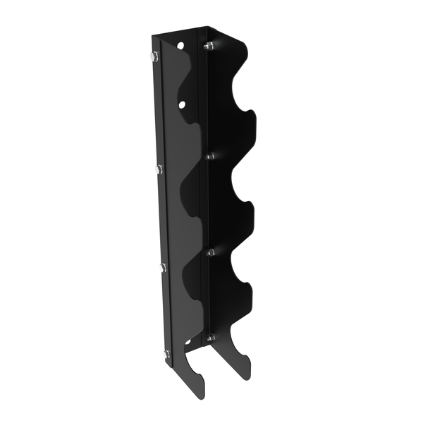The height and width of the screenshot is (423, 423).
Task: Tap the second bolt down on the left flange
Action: tap(158, 168)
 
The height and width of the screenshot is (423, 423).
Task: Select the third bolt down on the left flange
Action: tap(163, 266)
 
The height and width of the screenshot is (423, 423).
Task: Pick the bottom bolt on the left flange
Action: tap(166, 353)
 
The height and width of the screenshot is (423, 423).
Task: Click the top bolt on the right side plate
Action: tap(208, 47)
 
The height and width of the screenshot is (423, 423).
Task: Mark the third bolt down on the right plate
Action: tap(210, 251)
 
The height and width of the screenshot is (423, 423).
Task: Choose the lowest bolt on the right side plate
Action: tap(210, 339)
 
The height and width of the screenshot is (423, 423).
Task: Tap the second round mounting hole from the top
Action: tap(182, 104)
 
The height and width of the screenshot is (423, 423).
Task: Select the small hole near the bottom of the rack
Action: tap(188, 343)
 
